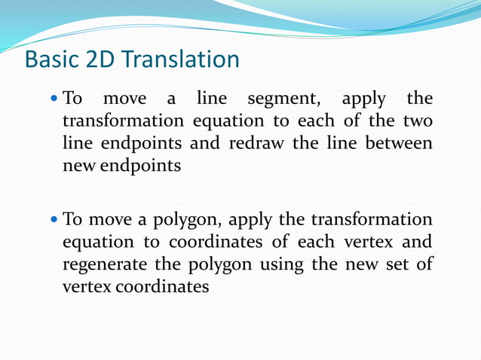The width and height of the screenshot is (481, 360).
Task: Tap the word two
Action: coord(418,121)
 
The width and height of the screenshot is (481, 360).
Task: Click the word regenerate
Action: coord(106,264)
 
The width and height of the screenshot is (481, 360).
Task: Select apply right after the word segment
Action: coord(363,99)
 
